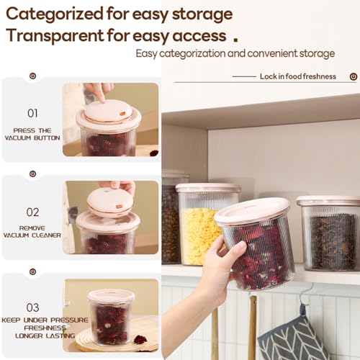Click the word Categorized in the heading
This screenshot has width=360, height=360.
pyautogui.click(x=55, y=14)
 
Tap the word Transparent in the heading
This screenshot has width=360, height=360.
pyautogui.click(x=55, y=35)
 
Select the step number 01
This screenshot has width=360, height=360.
pyautogui.click(x=32, y=113)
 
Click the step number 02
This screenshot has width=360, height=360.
pyautogui.click(x=32, y=212)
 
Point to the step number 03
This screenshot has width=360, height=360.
pyautogui.click(x=32, y=307)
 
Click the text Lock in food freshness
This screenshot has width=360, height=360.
pyautogui.click(x=298, y=76)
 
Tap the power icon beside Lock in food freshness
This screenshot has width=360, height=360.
pyautogui.click(x=354, y=77)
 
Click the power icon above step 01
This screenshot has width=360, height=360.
pyautogui.click(x=32, y=76)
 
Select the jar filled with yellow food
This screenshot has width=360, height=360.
pyautogui.click(x=207, y=225)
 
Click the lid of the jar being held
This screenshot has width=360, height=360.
pyautogui.click(x=252, y=211)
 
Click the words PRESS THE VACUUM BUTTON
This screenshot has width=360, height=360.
pyautogui.click(x=32, y=134)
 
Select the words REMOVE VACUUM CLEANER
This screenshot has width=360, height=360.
pyautogui.click(x=32, y=232)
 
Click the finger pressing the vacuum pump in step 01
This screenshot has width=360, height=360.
pyautogui.click(x=99, y=92)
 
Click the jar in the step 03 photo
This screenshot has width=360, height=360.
pyautogui.click(x=111, y=318)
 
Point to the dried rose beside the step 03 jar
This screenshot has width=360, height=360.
pyautogui.click(x=140, y=339)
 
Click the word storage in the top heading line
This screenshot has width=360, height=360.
pyautogui.click(x=202, y=14)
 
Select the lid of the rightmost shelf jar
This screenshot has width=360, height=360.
pyautogui.click(x=328, y=201)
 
